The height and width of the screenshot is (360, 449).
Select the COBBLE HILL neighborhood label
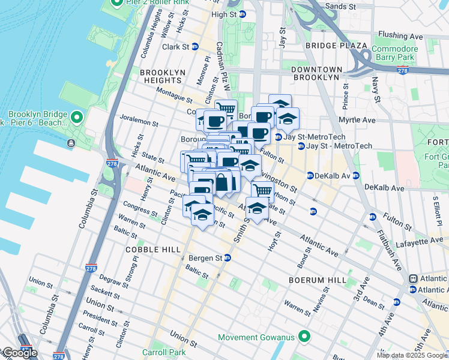(149, 249)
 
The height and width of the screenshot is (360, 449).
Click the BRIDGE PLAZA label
(336, 46)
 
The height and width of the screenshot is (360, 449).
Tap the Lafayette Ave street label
(418, 241)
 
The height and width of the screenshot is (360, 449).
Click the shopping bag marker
(222, 182)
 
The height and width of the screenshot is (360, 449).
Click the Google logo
(20, 353)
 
